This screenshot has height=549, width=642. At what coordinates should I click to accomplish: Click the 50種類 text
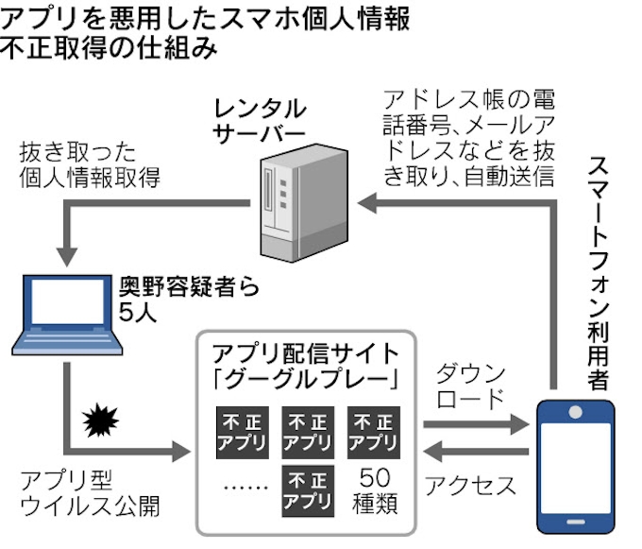click(x=373, y=489)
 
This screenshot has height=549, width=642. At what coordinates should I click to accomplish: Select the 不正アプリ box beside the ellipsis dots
click(x=308, y=489)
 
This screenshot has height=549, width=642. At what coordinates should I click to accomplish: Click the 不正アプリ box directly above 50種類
click(x=373, y=430)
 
